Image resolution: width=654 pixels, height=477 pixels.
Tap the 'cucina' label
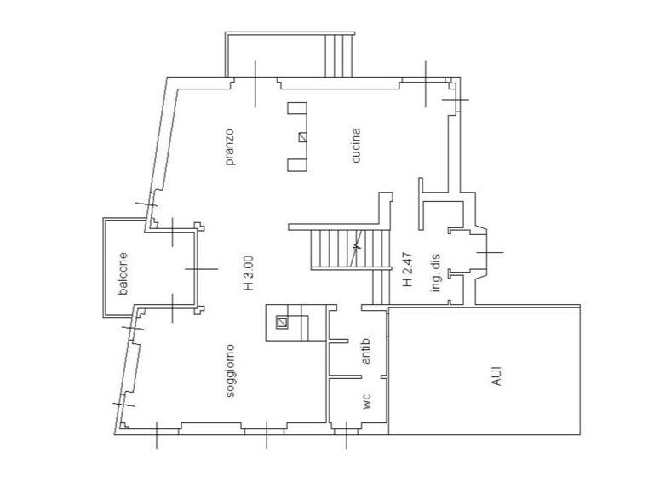click(x=356, y=145)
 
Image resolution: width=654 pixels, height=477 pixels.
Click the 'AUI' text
click(x=496, y=376)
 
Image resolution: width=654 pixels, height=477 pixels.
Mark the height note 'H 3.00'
click(x=248, y=273)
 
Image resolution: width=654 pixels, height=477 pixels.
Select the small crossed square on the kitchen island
click(x=302, y=136)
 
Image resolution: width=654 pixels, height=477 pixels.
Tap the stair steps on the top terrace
click(x=340, y=55)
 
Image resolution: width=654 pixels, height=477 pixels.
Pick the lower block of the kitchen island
click(x=296, y=164)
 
